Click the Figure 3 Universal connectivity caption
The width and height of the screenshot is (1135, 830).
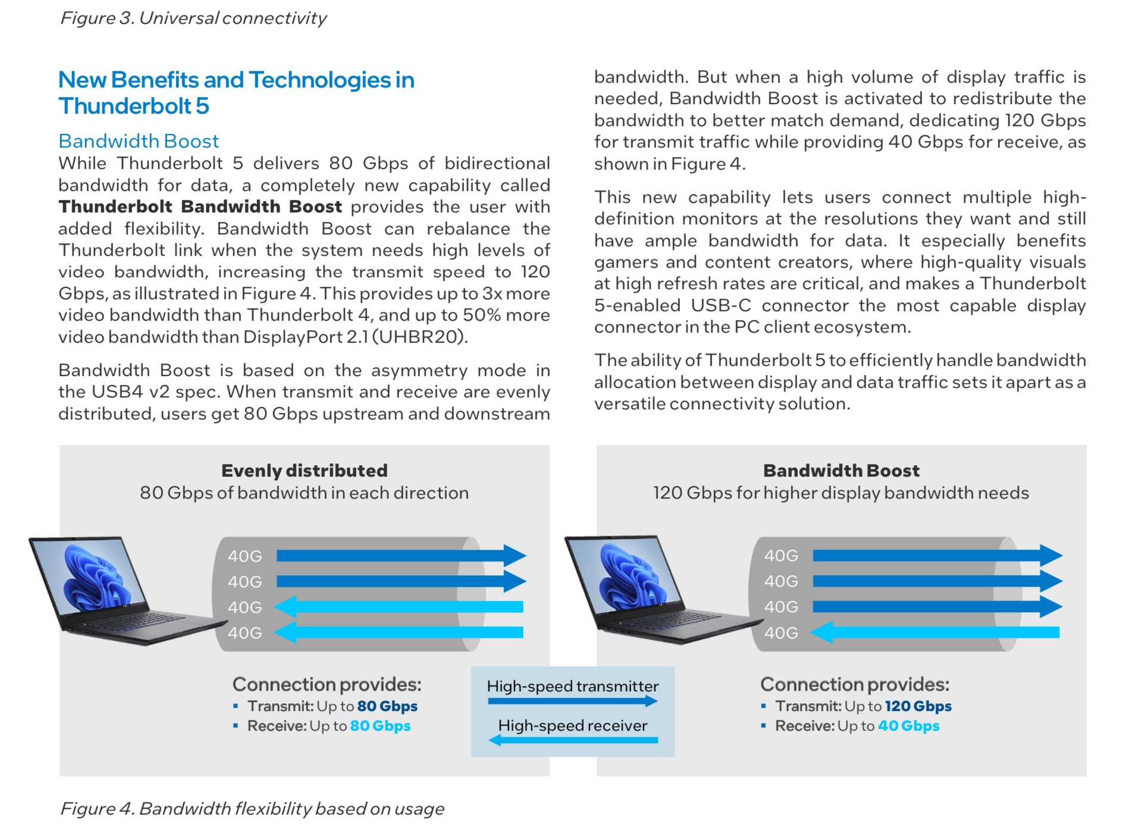click(193, 18)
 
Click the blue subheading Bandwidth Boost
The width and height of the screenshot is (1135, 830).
click(139, 141)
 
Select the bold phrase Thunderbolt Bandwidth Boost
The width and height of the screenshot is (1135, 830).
click(200, 207)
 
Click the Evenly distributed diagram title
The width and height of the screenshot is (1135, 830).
click(304, 471)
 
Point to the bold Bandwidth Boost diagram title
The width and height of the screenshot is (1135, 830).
click(841, 471)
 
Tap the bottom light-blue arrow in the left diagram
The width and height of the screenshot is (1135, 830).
click(399, 632)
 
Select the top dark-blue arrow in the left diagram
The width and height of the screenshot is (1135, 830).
click(399, 556)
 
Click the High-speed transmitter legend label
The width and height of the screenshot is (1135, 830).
click(572, 686)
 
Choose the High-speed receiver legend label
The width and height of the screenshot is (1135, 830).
click(572, 725)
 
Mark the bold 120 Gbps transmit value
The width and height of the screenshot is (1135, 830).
click(918, 706)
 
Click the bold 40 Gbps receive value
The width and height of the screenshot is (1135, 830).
click(908, 726)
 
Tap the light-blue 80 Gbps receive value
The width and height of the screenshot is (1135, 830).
click(380, 726)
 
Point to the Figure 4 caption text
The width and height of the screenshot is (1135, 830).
click(252, 809)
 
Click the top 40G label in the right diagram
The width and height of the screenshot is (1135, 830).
click(780, 556)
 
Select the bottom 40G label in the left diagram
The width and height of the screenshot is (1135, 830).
click(244, 632)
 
